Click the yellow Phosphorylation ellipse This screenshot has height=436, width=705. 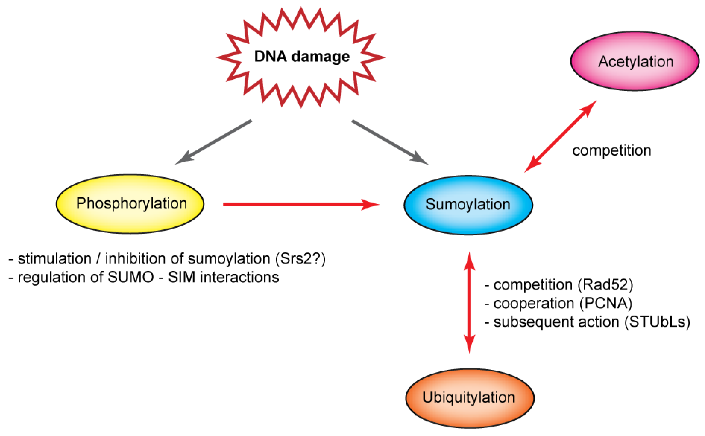(130, 204)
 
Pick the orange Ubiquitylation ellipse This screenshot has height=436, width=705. (469, 398)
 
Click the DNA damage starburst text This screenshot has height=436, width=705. (302, 56)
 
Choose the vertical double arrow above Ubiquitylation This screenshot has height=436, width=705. (469, 303)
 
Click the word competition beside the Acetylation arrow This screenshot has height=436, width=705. (611, 151)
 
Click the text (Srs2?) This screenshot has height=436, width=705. (300, 259)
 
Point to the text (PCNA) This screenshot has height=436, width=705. (606, 303)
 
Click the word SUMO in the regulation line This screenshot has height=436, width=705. (130, 277)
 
